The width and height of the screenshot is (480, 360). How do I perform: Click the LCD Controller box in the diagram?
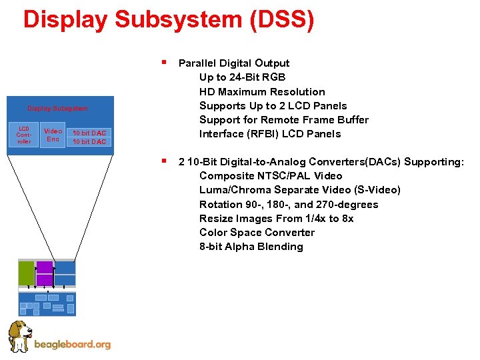coord(24,135)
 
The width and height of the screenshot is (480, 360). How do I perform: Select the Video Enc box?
coord(53,135)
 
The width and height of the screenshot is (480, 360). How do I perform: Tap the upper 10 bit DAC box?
coord(89,133)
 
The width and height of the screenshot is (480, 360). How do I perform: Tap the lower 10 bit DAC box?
coord(89,141)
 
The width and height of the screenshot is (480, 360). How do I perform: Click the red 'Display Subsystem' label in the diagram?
coord(57,108)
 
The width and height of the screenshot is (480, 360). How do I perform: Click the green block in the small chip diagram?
coord(26,273)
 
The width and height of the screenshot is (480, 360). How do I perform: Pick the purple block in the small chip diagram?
coord(45,273)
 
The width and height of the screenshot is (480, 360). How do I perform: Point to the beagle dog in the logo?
coord(19,336)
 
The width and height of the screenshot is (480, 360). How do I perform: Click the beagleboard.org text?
coord(72,345)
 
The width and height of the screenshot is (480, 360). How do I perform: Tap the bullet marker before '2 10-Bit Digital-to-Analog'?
coord(163,161)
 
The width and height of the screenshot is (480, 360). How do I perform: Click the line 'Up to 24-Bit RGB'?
coord(242,77)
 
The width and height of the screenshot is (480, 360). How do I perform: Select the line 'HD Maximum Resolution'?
coord(262,91)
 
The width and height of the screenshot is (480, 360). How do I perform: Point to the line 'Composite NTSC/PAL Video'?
coord(271,176)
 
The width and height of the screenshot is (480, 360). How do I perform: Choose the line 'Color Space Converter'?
coord(257,232)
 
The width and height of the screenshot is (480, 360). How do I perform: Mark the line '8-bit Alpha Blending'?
coord(251,246)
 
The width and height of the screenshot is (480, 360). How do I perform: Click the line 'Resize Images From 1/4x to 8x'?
coord(276,218)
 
